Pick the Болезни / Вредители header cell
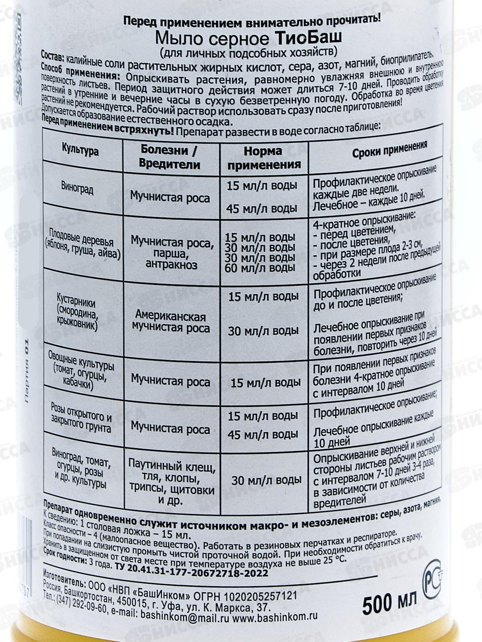170,157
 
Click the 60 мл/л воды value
260,268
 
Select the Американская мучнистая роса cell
170,322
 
